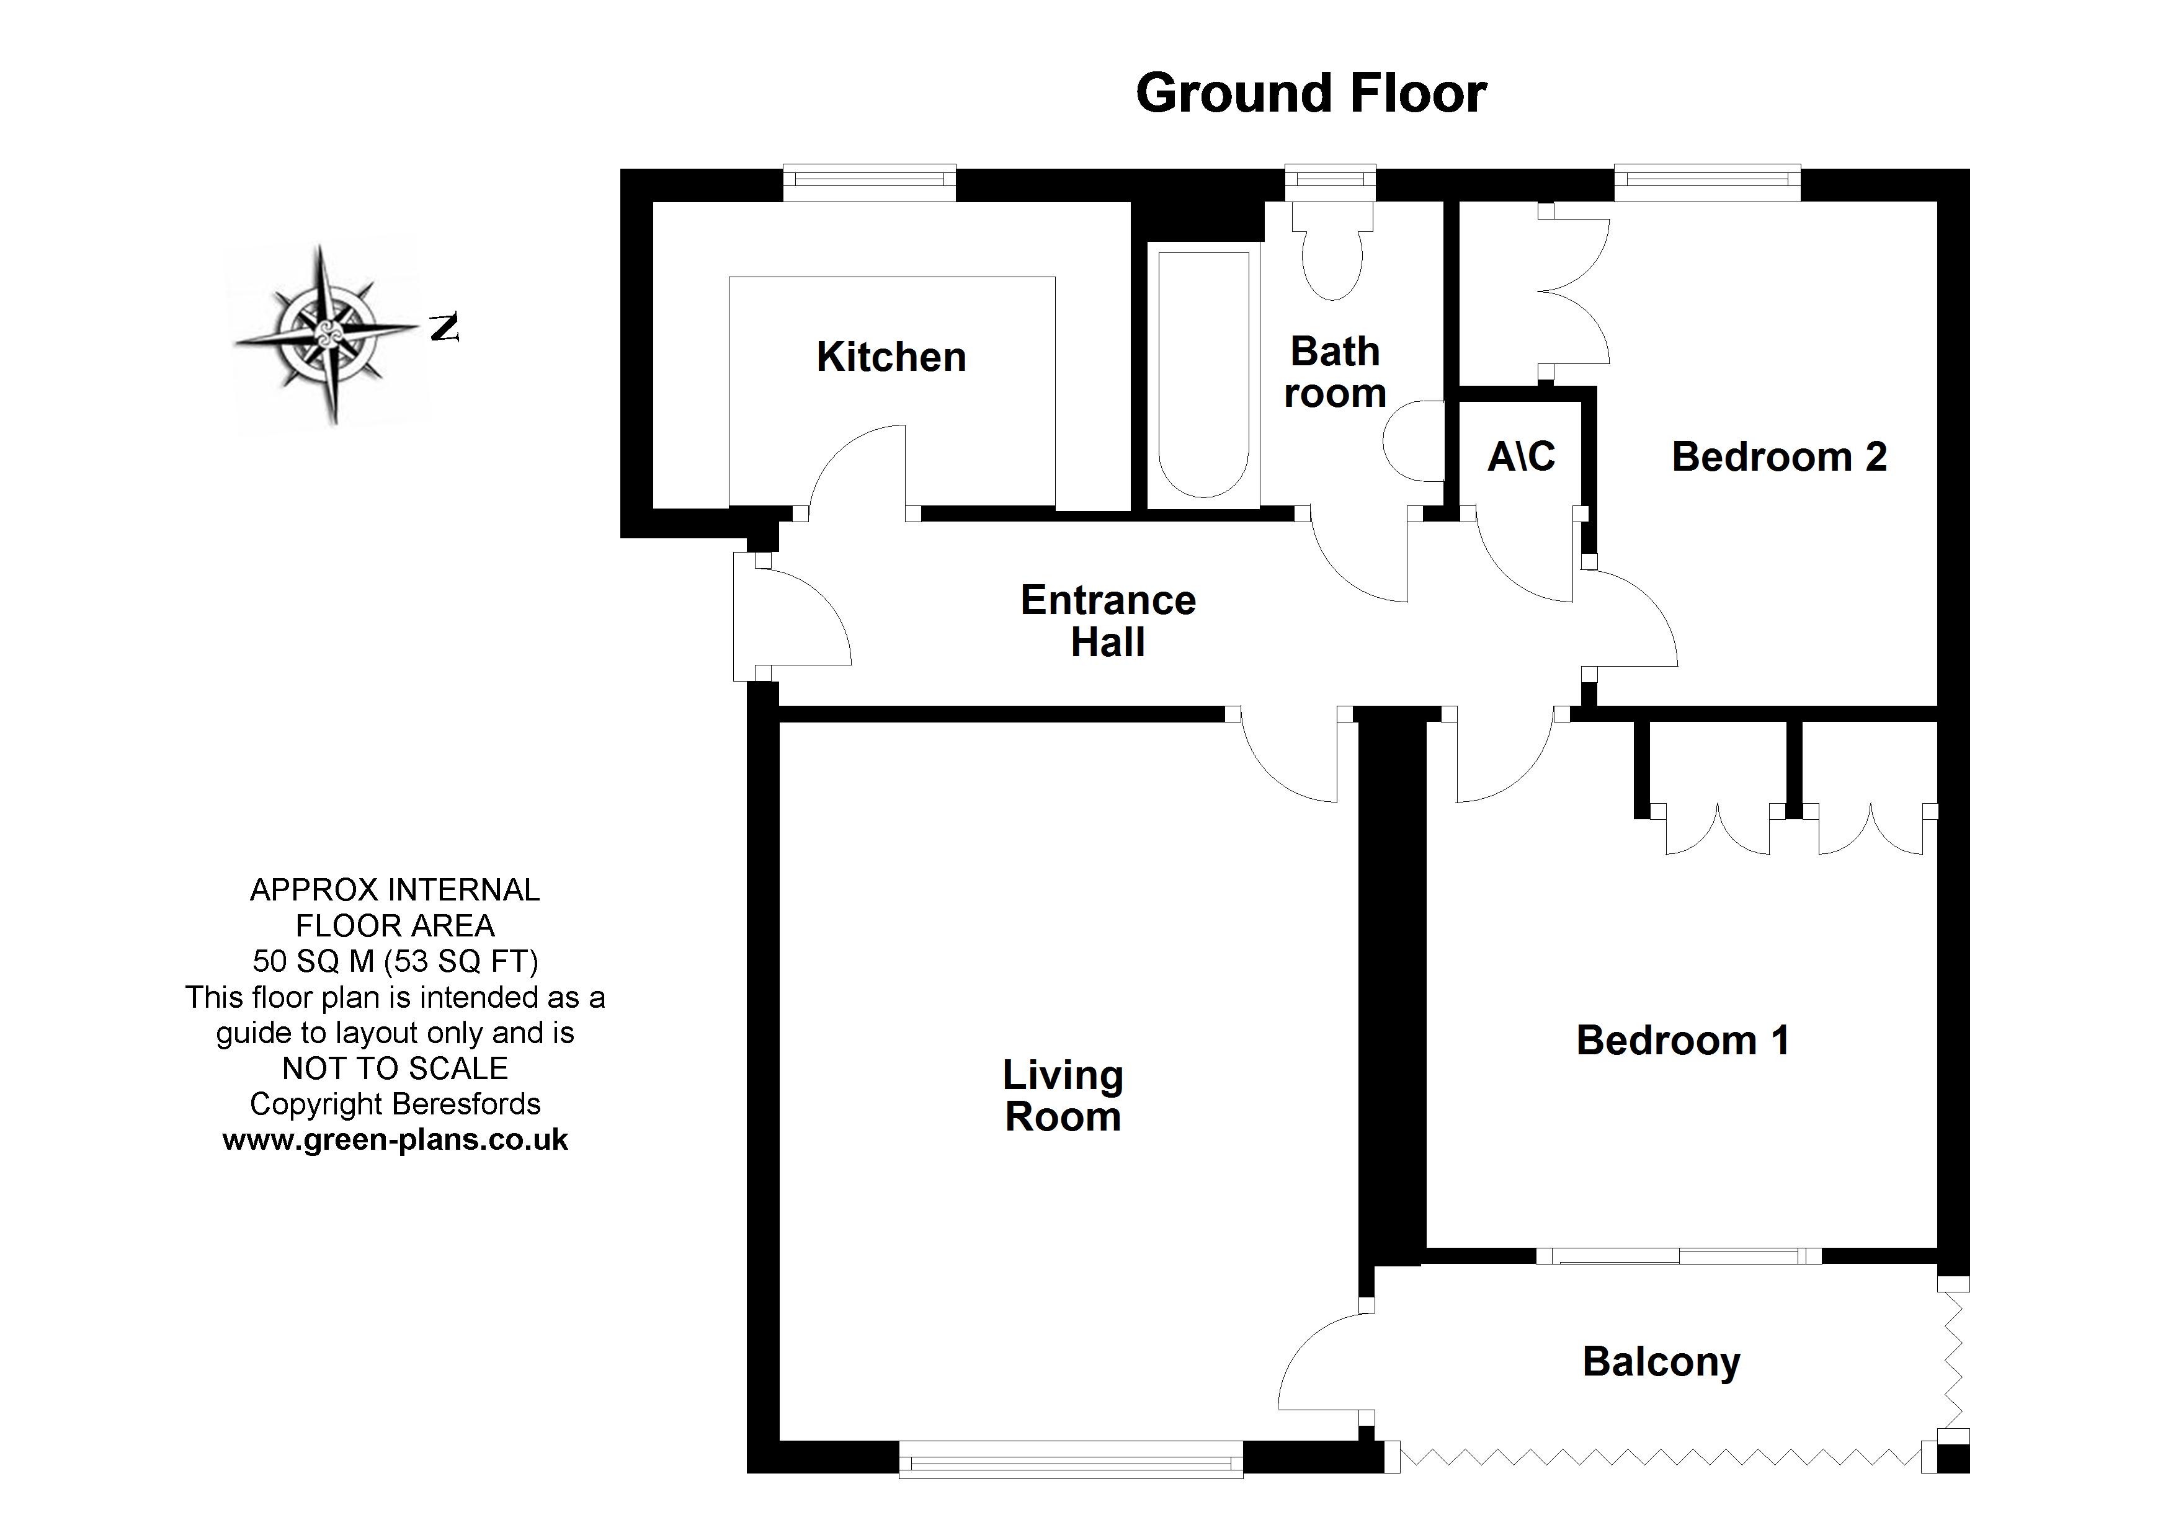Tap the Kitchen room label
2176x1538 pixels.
(891, 357)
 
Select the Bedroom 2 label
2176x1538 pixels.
(1779, 457)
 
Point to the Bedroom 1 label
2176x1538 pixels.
(1682, 1041)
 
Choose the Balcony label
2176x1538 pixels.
(1661, 1362)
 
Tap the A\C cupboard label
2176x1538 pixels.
(1521, 457)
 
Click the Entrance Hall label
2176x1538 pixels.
(1108, 621)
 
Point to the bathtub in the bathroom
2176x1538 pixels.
(1203, 375)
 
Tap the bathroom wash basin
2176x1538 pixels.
(1412, 442)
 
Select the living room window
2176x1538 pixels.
(1070, 1459)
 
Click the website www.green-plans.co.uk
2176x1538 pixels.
(395, 1140)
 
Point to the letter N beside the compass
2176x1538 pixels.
(444, 328)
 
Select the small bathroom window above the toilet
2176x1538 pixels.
(1330, 182)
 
